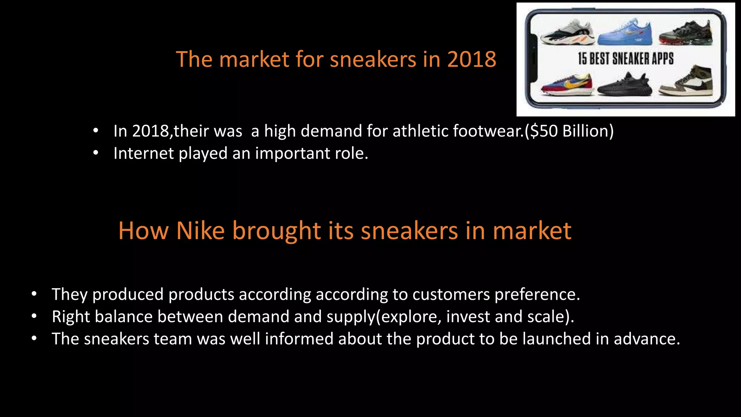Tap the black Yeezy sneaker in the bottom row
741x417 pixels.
point(625,85)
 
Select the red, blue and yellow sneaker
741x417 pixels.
point(567,86)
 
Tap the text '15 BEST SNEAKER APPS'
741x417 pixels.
point(626,59)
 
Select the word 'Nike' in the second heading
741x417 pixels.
point(200,231)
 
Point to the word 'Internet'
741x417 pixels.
point(143,153)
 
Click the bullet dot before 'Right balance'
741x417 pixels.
point(34,317)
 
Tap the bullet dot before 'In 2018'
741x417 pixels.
point(96,131)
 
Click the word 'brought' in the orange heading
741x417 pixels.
point(276,231)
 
